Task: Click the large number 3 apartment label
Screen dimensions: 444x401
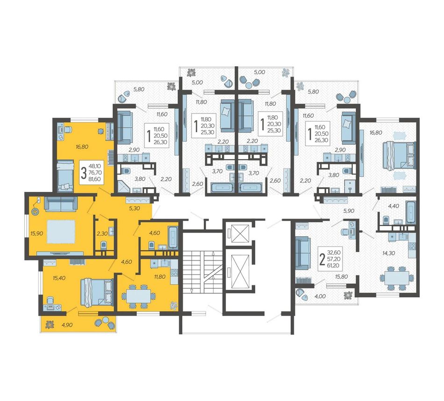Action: [x=83, y=173]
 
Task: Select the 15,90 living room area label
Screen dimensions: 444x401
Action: [x=37, y=233]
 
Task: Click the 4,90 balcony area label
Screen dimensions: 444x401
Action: [x=67, y=325]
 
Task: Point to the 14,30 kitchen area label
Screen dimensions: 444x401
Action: [x=388, y=253]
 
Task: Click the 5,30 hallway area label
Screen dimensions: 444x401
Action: [x=135, y=208]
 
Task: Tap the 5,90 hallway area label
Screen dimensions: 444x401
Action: [x=349, y=211]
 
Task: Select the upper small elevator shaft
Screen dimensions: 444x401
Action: [x=240, y=233]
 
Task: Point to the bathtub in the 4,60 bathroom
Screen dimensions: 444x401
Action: [x=173, y=236]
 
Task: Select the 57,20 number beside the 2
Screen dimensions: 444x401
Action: [x=334, y=259]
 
